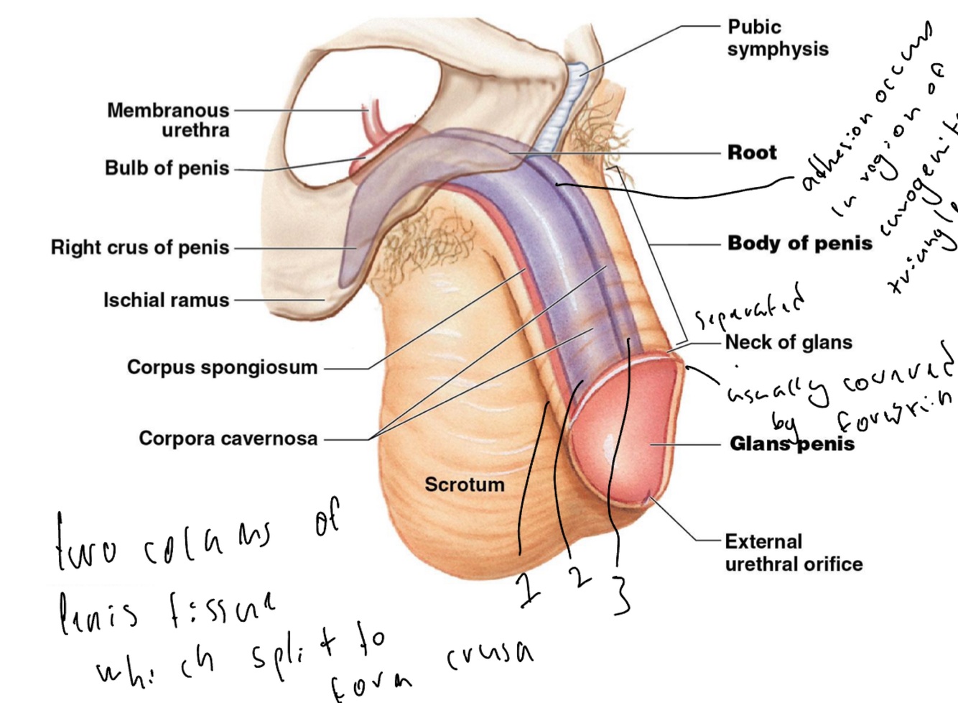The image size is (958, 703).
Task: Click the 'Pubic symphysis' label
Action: pyautogui.click(x=777, y=38)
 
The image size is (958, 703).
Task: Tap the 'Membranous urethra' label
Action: pyautogui.click(x=169, y=120)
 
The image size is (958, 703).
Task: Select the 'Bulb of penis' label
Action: pyautogui.click(x=167, y=168)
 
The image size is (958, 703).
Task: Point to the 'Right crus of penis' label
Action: pyautogui.click(x=140, y=247)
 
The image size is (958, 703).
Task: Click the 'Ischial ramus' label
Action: pyautogui.click(x=166, y=300)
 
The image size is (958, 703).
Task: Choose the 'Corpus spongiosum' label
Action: pyautogui.click(x=222, y=367)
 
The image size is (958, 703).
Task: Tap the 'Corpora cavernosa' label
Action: pyautogui.click(x=228, y=438)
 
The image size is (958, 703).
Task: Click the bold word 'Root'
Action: pyautogui.click(x=752, y=152)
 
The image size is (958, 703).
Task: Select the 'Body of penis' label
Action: pyautogui.click(x=800, y=243)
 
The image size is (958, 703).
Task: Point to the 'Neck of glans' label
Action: pyautogui.click(x=789, y=342)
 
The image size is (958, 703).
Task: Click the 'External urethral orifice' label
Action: pyautogui.click(x=794, y=553)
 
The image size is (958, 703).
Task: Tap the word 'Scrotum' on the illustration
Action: pyautogui.click(x=464, y=484)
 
